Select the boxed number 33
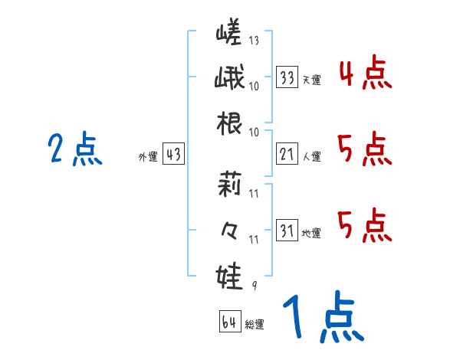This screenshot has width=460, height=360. coord(287,77)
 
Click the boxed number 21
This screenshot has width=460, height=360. coord(287,155)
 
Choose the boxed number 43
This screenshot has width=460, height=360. coord(173,155)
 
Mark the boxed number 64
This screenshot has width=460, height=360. coord(228,322)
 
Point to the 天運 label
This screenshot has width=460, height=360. coord(311,80)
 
